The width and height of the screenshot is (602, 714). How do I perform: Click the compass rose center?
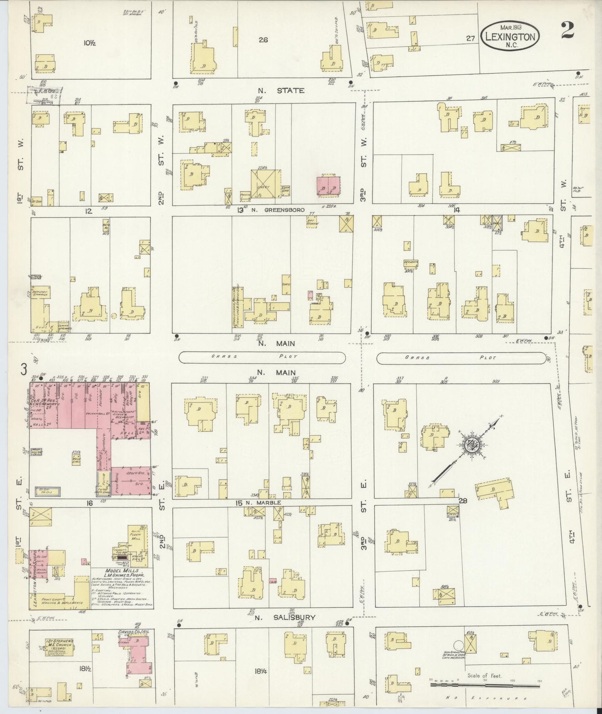pyautogui.click(x=472, y=445)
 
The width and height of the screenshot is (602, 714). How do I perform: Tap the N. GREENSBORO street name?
pyautogui.click(x=278, y=210)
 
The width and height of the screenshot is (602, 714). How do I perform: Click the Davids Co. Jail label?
pyautogui.click(x=136, y=632)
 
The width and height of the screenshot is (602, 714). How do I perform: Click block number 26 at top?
pyautogui.click(x=263, y=40)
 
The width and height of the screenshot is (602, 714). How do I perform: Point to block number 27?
pyautogui.click(x=470, y=38)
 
